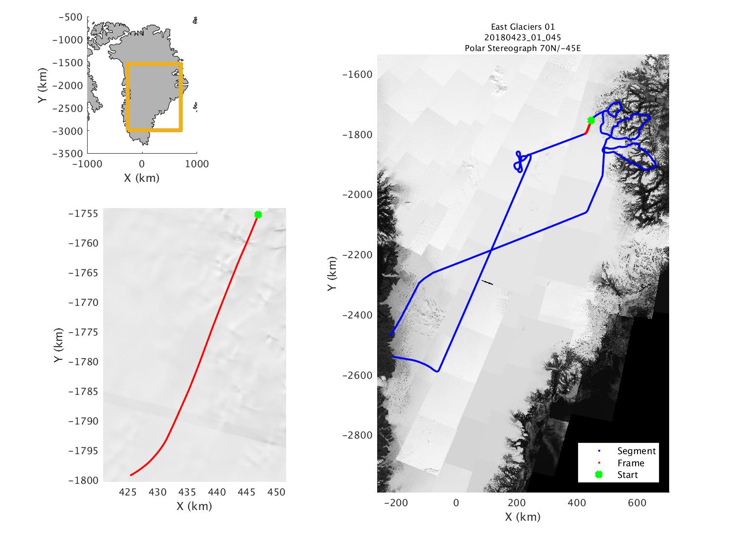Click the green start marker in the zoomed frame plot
pyautogui.click(x=258, y=214)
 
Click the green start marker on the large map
pyautogui.click(x=591, y=120)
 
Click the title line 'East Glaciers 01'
pyautogui.click(x=523, y=27)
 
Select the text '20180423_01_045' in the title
pyautogui.click(x=523, y=37)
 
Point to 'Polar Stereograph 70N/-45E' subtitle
pyautogui.click(x=523, y=48)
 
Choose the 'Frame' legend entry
pyautogui.click(x=631, y=463)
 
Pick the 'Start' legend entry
pyautogui.click(x=627, y=475)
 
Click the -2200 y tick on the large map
pyautogui.click(x=359, y=255)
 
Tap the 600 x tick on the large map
pyautogui.click(x=637, y=503)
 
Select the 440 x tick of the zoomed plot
pyautogui.click(x=217, y=492)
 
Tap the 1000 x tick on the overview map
pyautogui.click(x=197, y=164)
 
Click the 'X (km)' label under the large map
pyautogui.click(x=523, y=516)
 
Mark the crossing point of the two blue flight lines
pyautogui.click(x=491, y=250)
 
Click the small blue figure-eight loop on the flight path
pyautogui.click(x=519, y=161)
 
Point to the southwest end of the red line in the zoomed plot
pyautogui.click(x=130, y=475)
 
